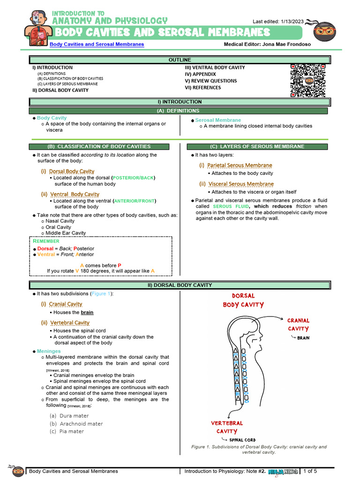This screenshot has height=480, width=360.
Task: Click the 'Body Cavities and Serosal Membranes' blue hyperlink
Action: pos(97,44)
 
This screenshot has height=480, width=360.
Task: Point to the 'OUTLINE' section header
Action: pos(180,60)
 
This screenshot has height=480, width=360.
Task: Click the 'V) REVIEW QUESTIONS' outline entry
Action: pos(210,81)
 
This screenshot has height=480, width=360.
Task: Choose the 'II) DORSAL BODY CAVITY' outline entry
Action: pos(60,90)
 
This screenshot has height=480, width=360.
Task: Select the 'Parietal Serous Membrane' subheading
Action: pos(240,165)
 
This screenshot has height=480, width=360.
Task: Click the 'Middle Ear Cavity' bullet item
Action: pos(66,233)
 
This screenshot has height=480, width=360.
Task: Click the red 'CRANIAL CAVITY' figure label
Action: pos(298,324)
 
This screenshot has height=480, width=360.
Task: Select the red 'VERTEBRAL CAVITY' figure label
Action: pos(227,427)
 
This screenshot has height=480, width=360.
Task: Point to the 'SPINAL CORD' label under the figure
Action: pos(242,440)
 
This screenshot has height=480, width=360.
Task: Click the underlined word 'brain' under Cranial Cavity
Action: pos(87,312)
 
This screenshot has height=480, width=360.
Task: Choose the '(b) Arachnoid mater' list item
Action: pos(76,424)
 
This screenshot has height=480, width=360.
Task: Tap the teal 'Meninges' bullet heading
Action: pos(49,351)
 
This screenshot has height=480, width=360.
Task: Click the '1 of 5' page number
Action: pos(310,471)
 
